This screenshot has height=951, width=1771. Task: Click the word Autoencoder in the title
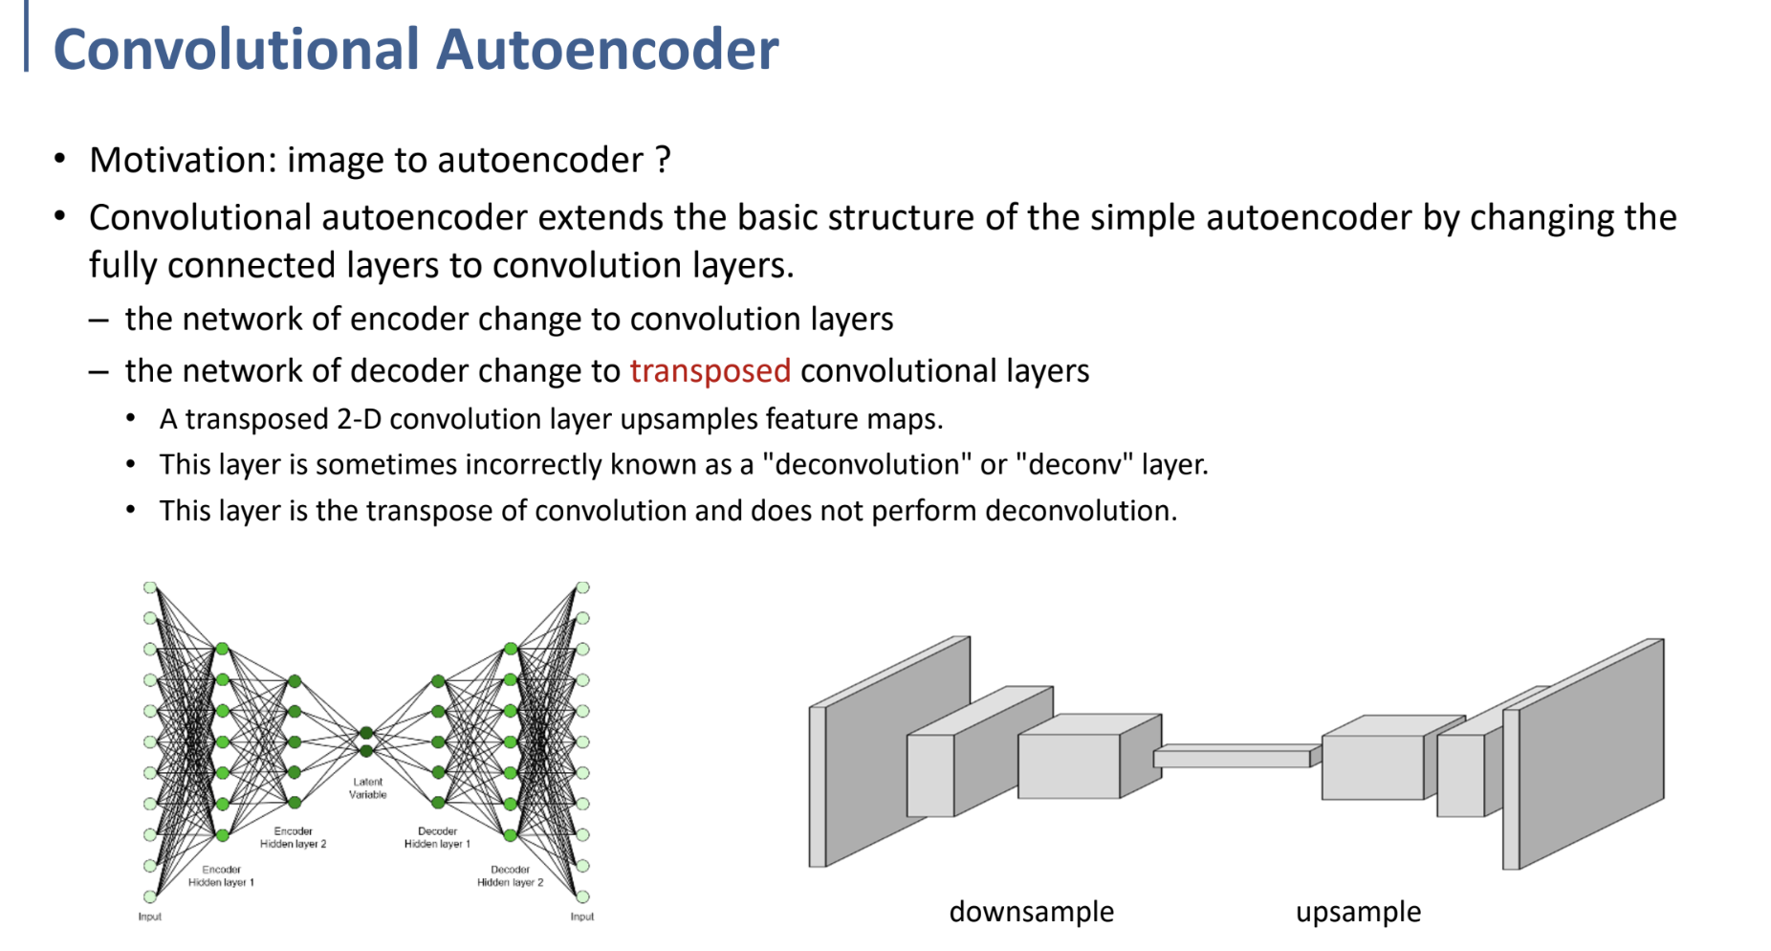[x=607, y=50]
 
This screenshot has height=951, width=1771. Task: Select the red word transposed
[x=710, y=370]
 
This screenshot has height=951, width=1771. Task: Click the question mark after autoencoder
[x=663, y=160]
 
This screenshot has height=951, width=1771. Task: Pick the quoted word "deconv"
[x=1074, y=464]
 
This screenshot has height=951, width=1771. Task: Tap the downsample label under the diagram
[x=1031, y=912]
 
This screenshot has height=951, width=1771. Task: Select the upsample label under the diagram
[x=1358, y=912]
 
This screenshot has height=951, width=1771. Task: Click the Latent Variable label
[x=367, y=788]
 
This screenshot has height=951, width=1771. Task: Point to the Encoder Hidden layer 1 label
[x=221, y=876]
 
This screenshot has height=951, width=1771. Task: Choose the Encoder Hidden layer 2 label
[x=294, y=838]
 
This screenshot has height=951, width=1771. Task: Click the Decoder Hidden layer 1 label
[x=437, y=838]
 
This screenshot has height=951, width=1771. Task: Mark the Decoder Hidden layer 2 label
[x=510, y=876]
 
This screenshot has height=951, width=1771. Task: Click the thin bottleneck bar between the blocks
[x=1234, y=758]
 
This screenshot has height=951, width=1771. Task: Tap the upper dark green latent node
[x=366, y=734]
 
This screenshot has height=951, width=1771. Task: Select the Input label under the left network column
[x=150, y=917]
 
